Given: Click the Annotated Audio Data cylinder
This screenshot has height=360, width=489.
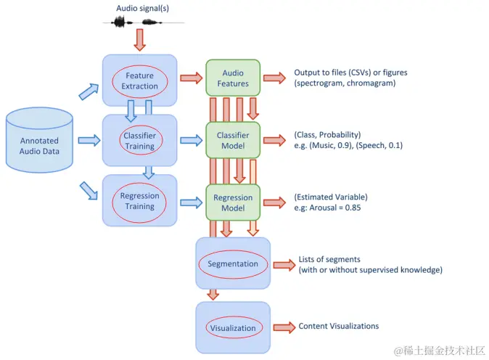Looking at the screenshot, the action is tap(39, 140).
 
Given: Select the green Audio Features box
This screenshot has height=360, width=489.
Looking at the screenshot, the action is tap(233, 78).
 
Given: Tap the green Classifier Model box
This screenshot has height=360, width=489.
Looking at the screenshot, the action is tap(233, 140).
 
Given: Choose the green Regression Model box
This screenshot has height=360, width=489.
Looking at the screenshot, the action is tap(233, 202).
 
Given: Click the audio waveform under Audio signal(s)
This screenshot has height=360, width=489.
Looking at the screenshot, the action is tap(144, 22).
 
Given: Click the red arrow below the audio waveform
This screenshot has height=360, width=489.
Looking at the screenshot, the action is tap(140, 40).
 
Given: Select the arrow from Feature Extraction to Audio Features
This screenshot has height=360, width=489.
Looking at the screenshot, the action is tap(192, 78).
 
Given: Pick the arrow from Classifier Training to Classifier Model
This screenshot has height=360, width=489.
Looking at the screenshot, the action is tap(192, 140).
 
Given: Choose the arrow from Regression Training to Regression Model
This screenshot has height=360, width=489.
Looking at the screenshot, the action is tap(192, 202).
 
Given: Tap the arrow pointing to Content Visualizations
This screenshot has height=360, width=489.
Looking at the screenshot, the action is tap(284, 327).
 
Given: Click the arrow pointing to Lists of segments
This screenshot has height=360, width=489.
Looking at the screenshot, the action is tap(284, 265).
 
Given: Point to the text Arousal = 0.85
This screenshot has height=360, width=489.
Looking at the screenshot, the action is tap(335, 208).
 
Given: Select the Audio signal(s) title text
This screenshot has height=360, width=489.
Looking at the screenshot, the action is tap(142, 8).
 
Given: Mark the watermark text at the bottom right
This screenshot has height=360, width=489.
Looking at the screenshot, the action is tap(440, 351).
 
